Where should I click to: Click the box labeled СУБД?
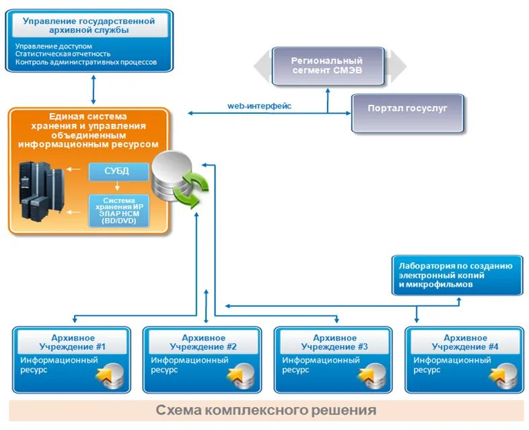point(118,171)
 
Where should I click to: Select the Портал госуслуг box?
point(407,108)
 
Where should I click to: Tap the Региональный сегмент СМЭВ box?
point(327,65)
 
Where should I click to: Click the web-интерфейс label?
point(259,106)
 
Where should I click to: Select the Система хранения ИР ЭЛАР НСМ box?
point(118,211)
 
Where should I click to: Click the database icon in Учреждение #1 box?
point(110,376)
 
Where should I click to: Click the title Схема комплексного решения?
point(266,410)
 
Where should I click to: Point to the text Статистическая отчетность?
point(63,54)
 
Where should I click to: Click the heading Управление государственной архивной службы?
point(90,25)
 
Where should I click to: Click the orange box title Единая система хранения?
point(88,130)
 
